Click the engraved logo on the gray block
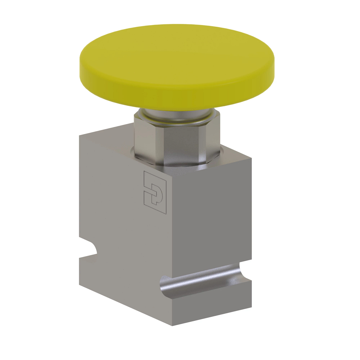(155, 192)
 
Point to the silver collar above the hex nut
(177, 117)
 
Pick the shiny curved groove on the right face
(204, 279)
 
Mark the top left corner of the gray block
(79, 136)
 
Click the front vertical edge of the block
(172, 228)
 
